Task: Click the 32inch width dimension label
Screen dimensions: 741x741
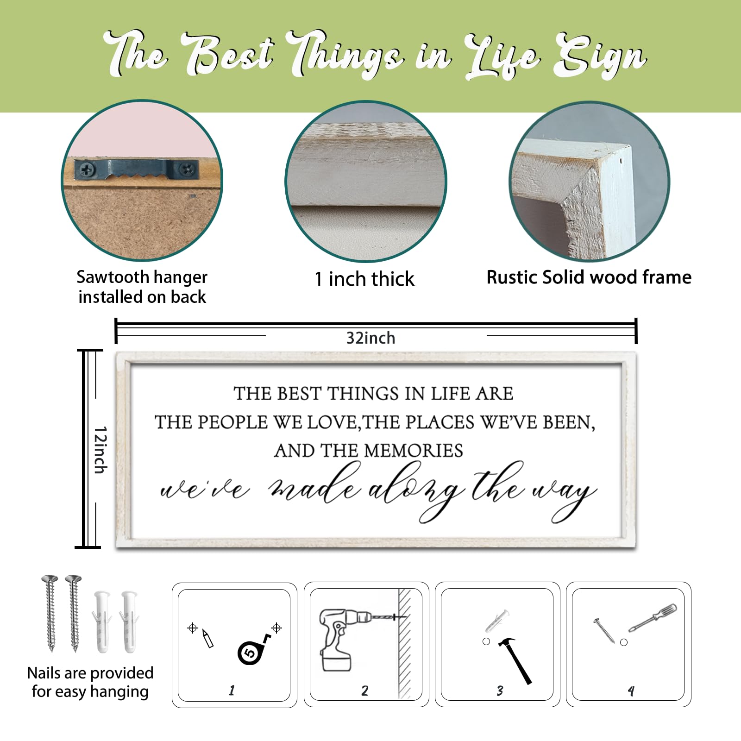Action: pyautogui.click(x=370, y=338)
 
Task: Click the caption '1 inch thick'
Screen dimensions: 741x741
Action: pyautogui.click(x=364, y=279)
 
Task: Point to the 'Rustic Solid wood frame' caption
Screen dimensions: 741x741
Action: pyautogui.click(x=589, y=277)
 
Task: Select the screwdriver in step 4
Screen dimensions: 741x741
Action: pyautogui.click(x=653, y=618)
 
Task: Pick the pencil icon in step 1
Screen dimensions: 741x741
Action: pyautogui.click(x=207, y=639)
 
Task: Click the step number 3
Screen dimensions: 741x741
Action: pyautogui.click(x=500, y=691)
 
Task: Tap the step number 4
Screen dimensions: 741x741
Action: pyautogui.click(x=631, y=691)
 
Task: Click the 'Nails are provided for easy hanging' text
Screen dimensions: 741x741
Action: pyautogui.click(x=90, y=682)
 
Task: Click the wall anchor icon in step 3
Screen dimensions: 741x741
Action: pyautogui.click(x=496, y=621)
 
